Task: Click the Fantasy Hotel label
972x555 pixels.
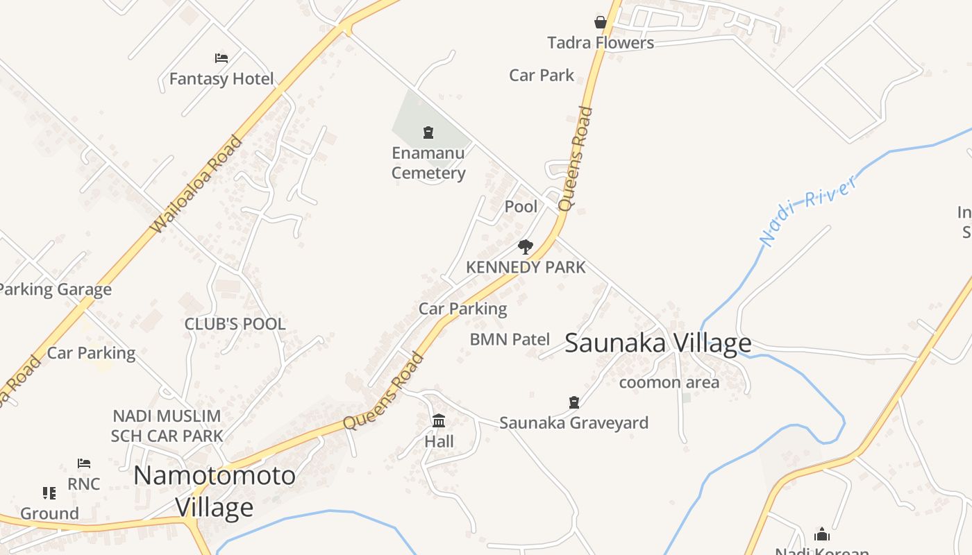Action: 221,79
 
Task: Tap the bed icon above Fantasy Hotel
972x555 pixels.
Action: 221,58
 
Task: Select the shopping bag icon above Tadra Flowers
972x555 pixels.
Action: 601,22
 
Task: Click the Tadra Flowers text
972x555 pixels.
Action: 601,43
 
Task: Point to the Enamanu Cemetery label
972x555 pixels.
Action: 428,163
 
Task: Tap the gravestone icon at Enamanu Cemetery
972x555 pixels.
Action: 428,132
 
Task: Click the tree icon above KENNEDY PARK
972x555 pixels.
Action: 526,247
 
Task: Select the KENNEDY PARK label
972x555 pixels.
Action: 526,267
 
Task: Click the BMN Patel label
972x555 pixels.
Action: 510,339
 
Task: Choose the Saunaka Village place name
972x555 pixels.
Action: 657,343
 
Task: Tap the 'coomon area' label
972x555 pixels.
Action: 669,382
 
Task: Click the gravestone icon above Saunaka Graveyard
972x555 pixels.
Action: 574,402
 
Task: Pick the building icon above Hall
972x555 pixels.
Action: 439,420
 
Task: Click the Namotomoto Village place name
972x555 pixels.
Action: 215,491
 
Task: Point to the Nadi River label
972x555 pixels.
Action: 808,210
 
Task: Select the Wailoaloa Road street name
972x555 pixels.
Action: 196,184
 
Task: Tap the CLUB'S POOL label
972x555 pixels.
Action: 235,324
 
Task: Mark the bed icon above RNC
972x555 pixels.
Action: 84,463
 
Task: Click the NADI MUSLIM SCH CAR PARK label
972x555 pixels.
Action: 167,426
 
